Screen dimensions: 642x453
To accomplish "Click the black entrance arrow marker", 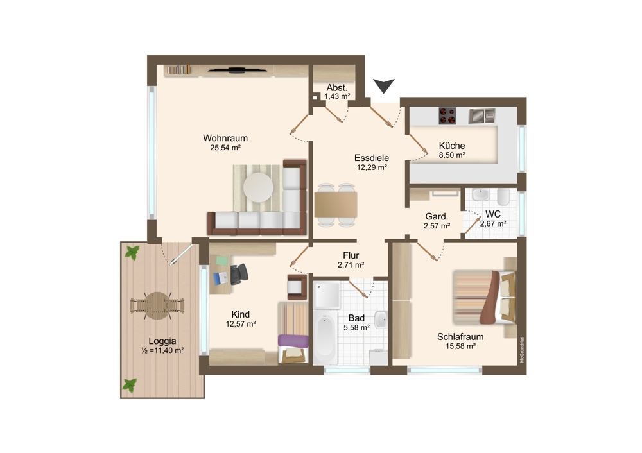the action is point(384,85).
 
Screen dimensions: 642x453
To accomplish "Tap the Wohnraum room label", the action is point(225,138).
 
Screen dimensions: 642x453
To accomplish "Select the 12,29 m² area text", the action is point(372,167).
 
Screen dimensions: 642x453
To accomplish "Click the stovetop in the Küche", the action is point(447,115).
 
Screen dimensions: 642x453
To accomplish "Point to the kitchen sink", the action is point(482,115).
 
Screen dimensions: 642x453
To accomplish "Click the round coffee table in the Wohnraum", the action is point(258,187).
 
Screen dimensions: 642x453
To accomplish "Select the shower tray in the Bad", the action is point(327,295).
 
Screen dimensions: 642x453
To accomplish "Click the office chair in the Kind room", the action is point(239,274).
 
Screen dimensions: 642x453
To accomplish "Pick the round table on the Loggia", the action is point(157,305).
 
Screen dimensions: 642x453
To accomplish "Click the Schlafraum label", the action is point(460,337).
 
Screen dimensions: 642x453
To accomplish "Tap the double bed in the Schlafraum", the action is point(484,297).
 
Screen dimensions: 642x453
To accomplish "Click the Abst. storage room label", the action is point(337,87).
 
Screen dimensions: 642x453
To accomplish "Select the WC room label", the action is point(493,214).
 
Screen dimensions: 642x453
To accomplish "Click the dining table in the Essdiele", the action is point(336,205).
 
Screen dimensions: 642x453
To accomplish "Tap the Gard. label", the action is point(437,216).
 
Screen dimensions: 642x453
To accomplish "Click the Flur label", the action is point(351,255).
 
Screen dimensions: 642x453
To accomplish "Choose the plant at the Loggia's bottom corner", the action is point(130,385).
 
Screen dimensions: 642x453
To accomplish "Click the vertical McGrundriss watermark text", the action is point(521,350).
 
